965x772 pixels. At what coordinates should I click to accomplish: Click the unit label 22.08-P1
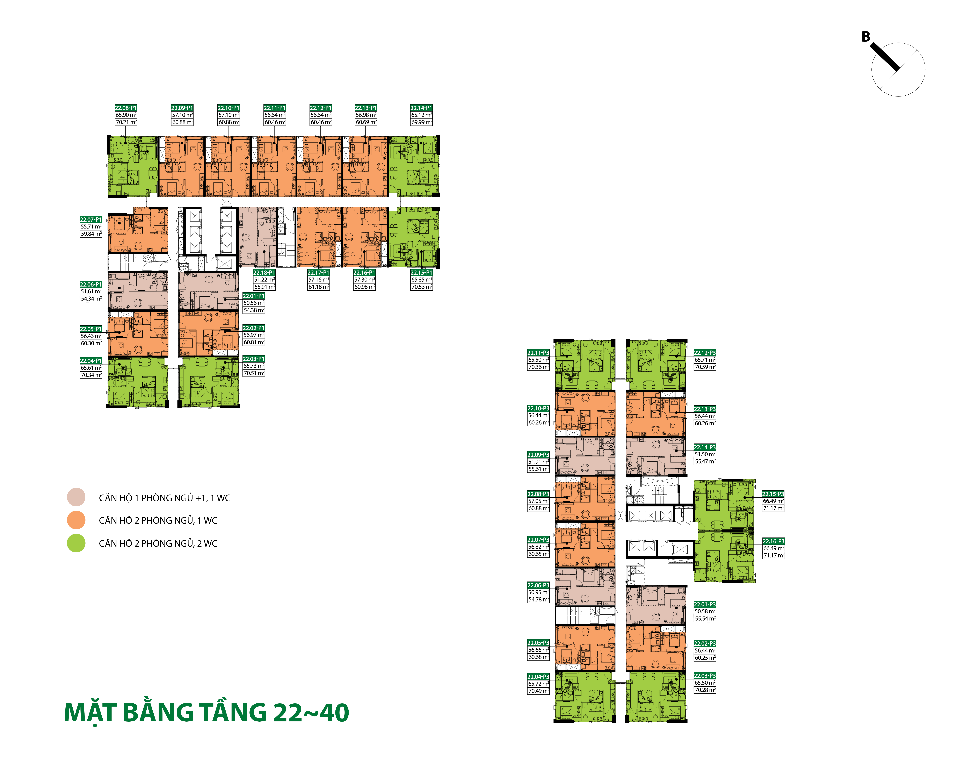click(x=126, y=108)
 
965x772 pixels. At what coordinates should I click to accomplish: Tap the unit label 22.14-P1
click(x=421, y=108)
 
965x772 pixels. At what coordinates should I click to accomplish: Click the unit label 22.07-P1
click(x=91, y=219)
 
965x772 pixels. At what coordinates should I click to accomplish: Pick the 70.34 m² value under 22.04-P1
click(x=91, y=375)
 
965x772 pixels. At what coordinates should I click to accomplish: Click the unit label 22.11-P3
click(x=538, y=353)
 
